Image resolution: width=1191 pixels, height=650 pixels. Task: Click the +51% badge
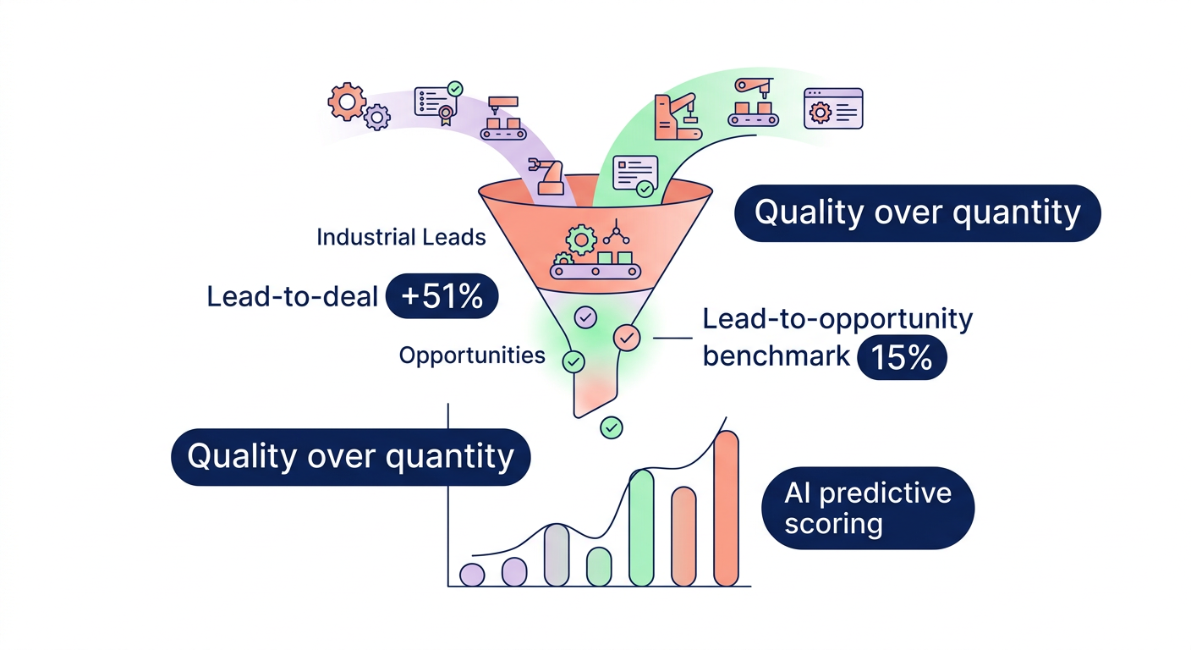(441, 296)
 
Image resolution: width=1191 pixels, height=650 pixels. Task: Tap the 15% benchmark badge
(902, 358)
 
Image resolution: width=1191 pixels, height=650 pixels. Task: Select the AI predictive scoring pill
(868, 508)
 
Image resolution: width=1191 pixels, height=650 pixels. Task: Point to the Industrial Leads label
(401, 237)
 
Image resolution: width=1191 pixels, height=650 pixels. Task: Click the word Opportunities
(471, 355)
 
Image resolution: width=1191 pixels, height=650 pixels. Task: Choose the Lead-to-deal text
(292, 296)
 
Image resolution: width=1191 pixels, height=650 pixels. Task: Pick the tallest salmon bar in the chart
(726, 508)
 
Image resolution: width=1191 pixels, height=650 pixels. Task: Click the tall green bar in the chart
(641, 527)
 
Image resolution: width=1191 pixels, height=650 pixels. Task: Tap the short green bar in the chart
(599, 566)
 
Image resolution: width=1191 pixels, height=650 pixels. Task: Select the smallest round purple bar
(471, 575)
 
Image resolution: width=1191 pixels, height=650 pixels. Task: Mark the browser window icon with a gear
(833, 108)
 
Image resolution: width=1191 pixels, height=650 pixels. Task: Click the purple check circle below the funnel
(585, 317)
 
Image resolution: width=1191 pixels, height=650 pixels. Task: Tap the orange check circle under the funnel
(626, 338)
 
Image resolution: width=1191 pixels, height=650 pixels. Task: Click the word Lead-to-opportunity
(837, 319)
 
